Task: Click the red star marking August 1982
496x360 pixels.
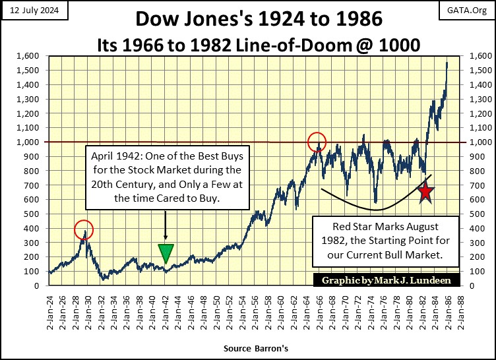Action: coord(425,192)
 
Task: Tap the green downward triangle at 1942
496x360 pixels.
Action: coord(166,253)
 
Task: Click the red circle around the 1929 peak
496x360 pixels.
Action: coord(84,229)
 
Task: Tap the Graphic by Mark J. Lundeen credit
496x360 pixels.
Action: coord(387,280)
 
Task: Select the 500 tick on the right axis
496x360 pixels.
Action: coord(479,214)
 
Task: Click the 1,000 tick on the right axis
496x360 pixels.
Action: coord(480,142)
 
